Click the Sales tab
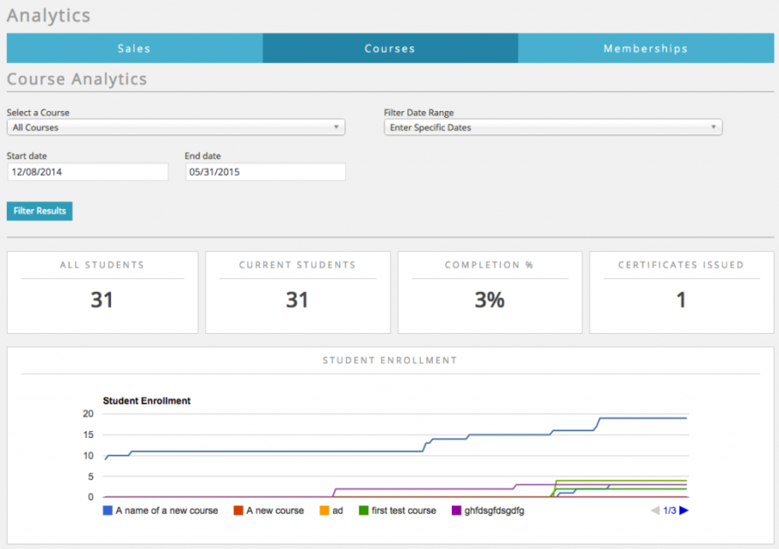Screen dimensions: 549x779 [134, 48]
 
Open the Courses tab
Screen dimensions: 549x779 [390, 48]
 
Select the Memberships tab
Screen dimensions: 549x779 [645, 48]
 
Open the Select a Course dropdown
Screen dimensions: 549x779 [176, 128]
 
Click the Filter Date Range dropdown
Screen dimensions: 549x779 [553, 128]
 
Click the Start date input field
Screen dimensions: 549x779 [87, 172]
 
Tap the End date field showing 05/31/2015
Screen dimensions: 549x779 [266, 172]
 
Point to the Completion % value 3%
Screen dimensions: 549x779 [490, 300]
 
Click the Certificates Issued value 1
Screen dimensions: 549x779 [681, 300]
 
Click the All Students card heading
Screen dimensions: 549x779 [102, 265]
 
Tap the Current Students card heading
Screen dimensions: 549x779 [297, 265]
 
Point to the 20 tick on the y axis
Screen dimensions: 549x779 [87, 413]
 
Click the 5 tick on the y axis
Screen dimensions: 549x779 [90, 476]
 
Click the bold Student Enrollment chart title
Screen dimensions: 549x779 [147, 401]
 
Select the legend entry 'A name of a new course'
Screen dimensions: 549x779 [161, 511]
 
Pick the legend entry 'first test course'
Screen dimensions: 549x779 [398, 511]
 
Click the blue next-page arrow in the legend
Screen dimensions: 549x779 [685, 511]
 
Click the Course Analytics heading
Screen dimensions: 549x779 [77, 80]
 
